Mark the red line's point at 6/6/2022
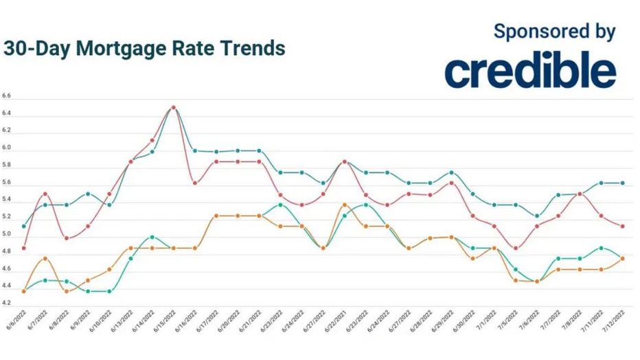point(24,248)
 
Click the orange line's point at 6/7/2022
point(45,258)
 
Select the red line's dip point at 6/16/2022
point(195,183)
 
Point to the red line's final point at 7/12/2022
point(623,226)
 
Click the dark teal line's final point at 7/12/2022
point(623,183)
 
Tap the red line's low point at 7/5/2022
point(516,248)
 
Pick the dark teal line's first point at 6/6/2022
point(24,226)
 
